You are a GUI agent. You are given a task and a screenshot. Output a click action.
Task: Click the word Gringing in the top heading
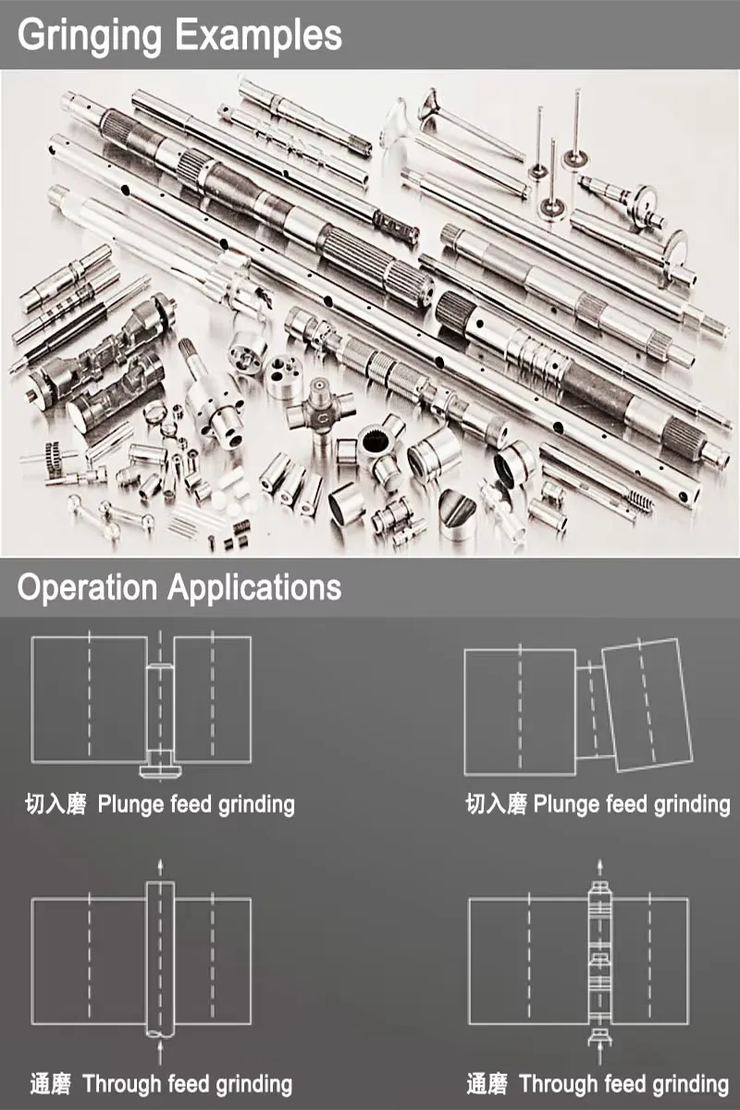point(89,36)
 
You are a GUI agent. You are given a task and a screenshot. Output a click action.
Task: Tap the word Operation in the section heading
point(87,587)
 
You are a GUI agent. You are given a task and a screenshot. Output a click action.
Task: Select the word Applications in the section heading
point(254,587)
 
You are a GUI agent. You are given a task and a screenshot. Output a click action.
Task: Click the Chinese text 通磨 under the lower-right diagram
point(487,1084)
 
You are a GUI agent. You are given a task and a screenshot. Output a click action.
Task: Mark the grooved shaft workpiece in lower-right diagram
point(599,964)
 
